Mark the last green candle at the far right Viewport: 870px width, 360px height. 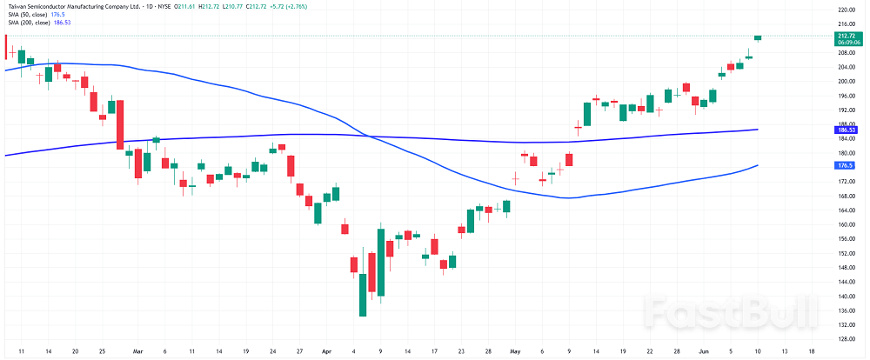pos(758,37)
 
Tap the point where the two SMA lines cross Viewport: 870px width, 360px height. pos(368,136)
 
